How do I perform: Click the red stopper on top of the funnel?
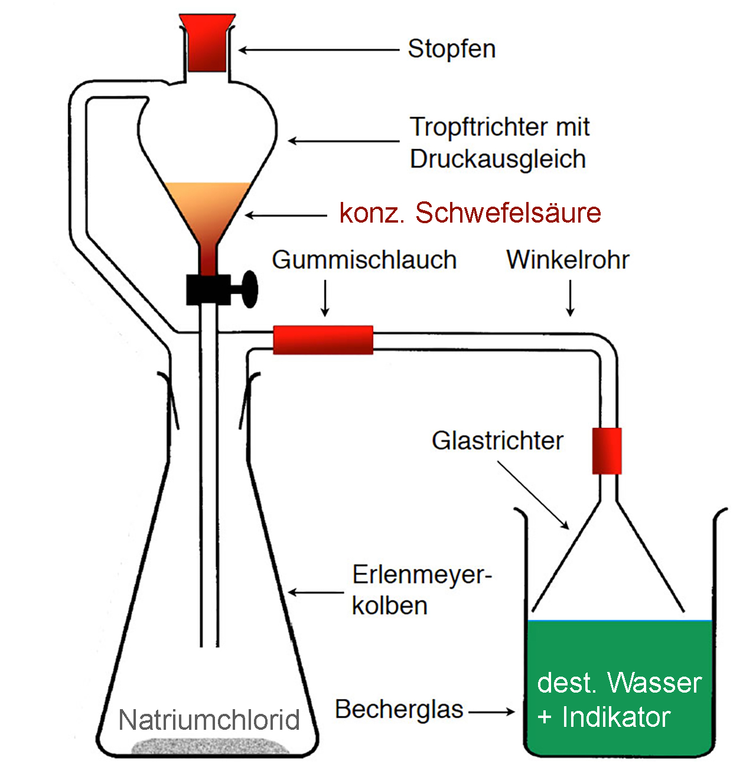click(207, 43)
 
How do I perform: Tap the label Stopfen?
click(452, 50)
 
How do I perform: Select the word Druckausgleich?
click(498, 159)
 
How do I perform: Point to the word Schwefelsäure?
click(508, 213)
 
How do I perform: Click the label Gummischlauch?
click(364, 260)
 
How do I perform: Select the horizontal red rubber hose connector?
click(323, 340)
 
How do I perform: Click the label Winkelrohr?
click(568, 260)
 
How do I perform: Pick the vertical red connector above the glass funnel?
click(607, 451)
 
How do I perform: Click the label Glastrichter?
click(497, 441)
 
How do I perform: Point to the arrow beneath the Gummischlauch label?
click(325, 299)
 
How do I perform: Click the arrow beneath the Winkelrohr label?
click(570, 299)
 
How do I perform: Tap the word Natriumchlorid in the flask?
click(209, 720)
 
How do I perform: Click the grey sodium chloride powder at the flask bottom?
click(210, 746)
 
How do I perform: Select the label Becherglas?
click(399, 710)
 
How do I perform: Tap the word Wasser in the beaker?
click(654, 683)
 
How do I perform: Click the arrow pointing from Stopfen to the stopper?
click(319, 50)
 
